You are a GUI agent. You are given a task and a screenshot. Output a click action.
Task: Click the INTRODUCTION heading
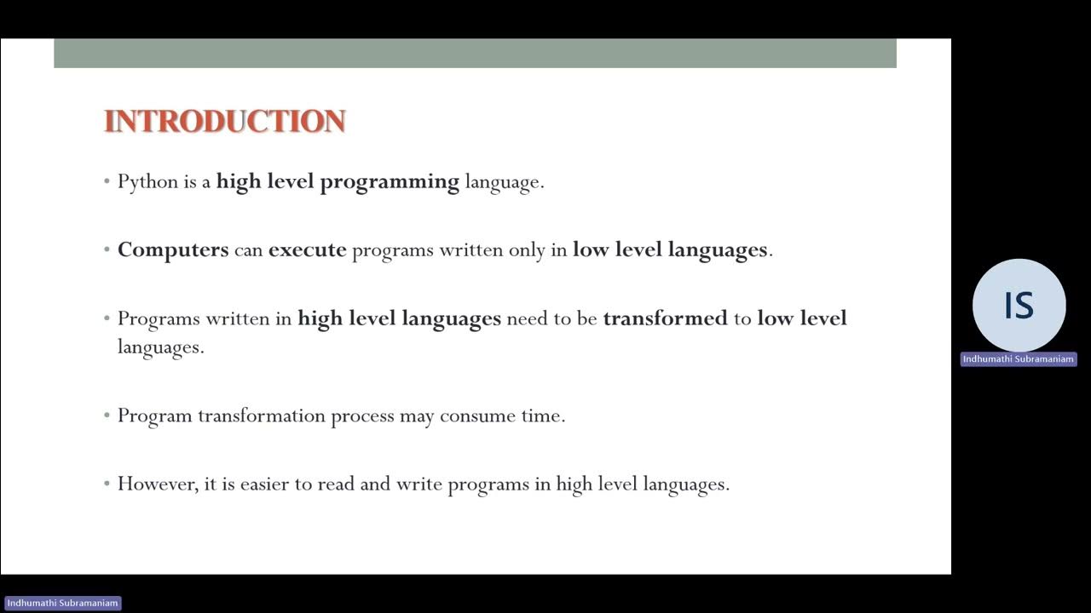point(224,121)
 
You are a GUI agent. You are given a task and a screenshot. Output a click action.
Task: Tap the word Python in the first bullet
point(147,182)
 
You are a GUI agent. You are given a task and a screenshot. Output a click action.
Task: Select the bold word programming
point(390,182)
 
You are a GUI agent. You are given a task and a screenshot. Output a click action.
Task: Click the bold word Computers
point(173,250)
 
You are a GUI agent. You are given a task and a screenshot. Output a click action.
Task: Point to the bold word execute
point(307,250)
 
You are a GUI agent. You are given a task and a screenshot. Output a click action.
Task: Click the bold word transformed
point(665,318)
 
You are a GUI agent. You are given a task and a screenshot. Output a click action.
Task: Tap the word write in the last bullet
point(419,484)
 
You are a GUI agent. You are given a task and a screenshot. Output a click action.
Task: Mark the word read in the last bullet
point(336,484)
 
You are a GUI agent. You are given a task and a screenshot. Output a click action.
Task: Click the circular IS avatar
point(1019,306)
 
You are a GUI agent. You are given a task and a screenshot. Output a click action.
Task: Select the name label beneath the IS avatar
point(1019,359)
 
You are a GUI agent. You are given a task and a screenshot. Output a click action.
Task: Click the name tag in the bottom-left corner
point(62,603)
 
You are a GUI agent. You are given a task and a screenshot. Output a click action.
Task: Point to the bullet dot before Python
point(107,182)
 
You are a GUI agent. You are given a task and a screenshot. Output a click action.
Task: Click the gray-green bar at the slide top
point(475,53)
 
